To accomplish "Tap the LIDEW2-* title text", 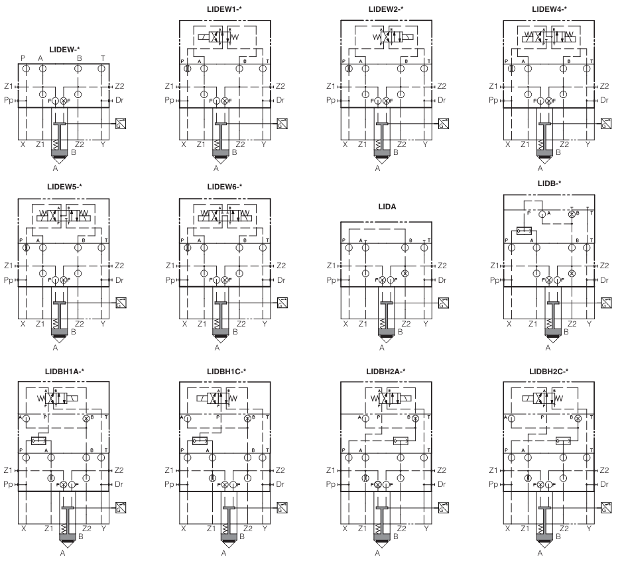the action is tap(386, 9).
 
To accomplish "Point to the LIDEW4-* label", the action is tap(549, 9).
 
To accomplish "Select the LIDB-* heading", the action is tap(549, 183).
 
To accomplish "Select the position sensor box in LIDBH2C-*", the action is tap(605, 508).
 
